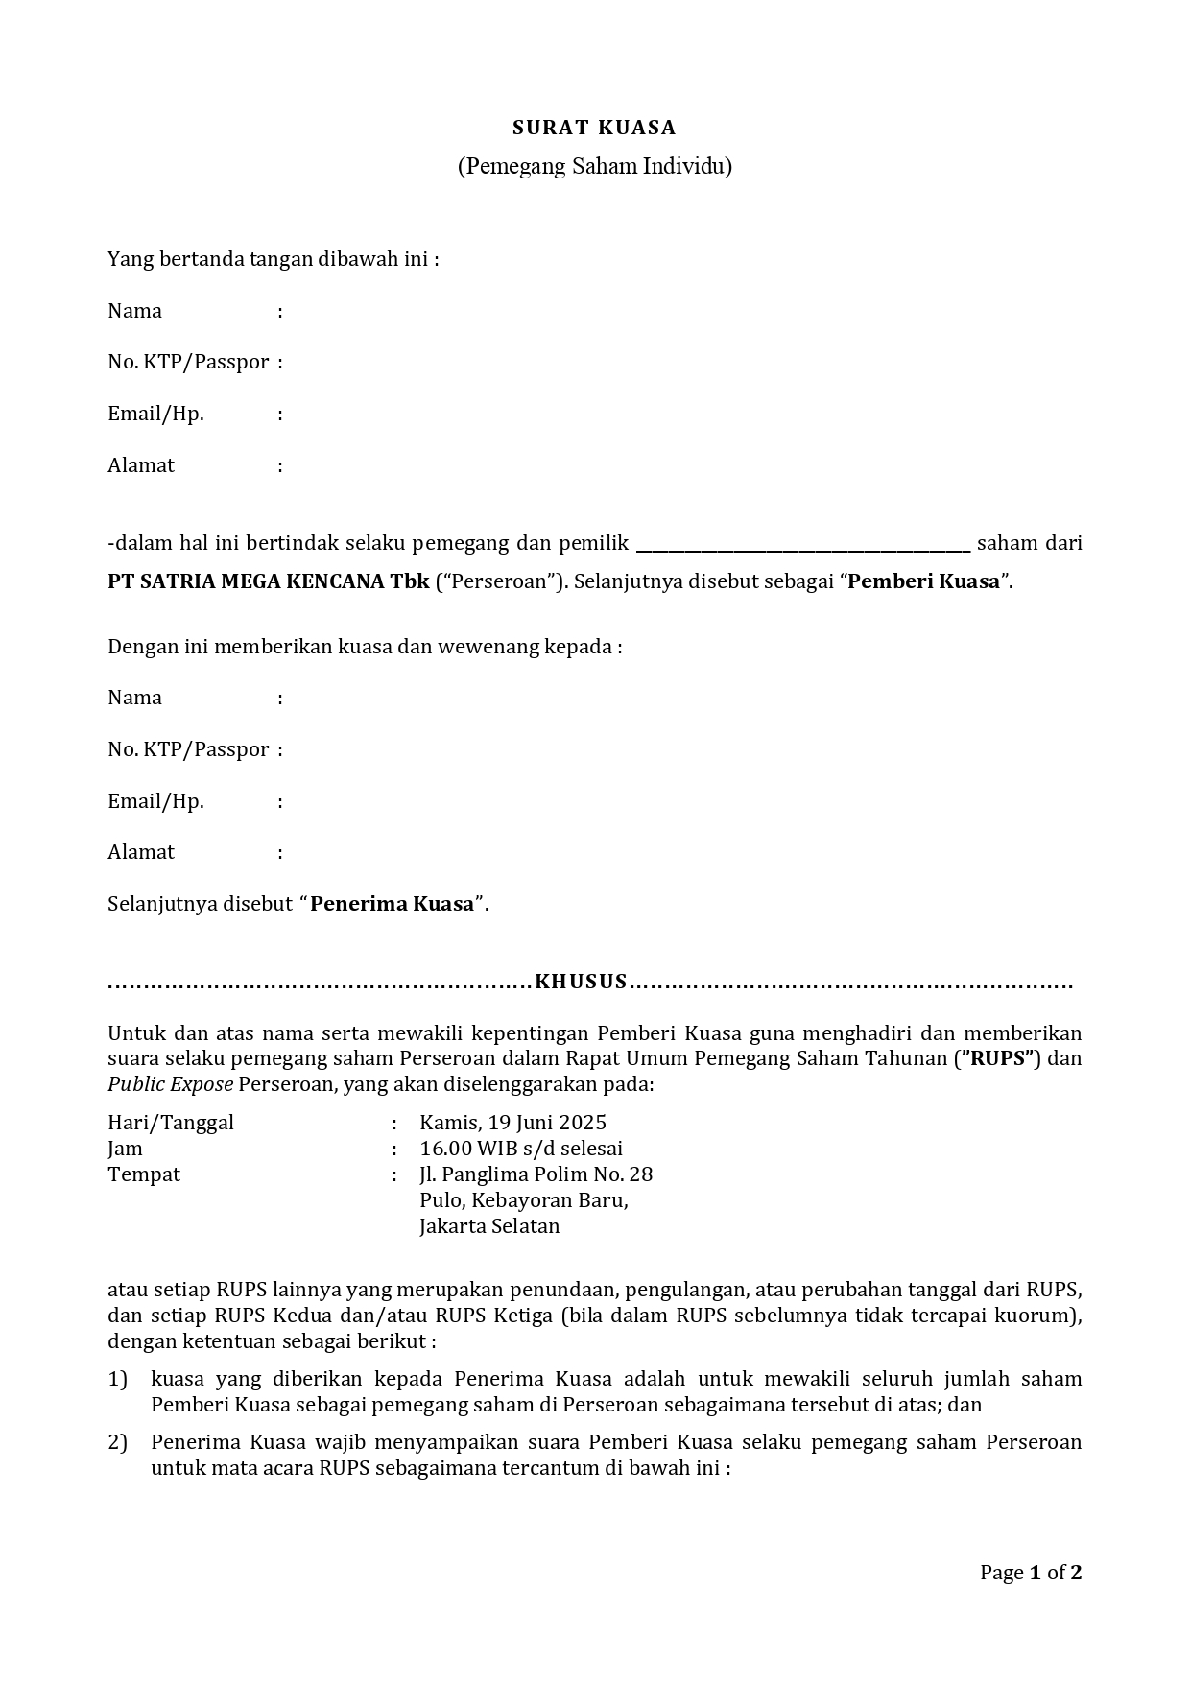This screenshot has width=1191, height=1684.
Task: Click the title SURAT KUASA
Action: point(594,128)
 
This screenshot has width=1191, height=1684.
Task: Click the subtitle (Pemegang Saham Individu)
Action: point(594,166)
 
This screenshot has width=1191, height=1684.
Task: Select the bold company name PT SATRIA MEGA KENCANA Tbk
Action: point(269,581)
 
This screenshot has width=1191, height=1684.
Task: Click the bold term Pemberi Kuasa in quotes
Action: point(924,581)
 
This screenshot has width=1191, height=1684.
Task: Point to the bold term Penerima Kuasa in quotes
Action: point(393,904)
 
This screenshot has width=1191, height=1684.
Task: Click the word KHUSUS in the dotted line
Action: point(581,982)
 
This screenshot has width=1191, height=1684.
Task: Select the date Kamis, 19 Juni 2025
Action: point(512,1123)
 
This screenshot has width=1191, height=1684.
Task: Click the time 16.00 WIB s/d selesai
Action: point(521,1149)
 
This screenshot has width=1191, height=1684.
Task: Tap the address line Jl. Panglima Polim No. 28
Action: point(536,1174)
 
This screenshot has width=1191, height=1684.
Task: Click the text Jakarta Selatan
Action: point(489,1226)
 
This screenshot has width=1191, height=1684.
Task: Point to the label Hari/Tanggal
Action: point(171,1123)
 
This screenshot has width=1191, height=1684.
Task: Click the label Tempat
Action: point(144,1174)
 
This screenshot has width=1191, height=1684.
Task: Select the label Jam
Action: point(125,1149)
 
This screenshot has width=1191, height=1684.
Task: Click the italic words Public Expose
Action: point(170,1084)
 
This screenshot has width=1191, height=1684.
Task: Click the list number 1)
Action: point(117,1379)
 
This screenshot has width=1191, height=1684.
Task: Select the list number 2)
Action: point(117,1442)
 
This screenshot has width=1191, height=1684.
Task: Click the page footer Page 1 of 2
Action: point(1031,1573)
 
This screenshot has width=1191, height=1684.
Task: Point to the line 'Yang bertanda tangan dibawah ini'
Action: point(273,259)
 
